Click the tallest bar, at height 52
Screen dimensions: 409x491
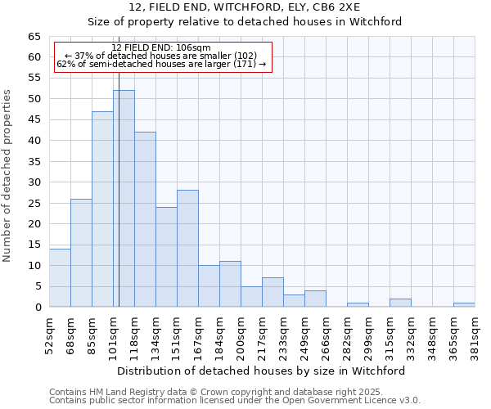tap(124, 199)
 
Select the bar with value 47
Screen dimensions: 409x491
tap(102, 209)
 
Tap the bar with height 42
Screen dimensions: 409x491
tap(145, 219)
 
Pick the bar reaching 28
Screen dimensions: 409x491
tap(187, 249)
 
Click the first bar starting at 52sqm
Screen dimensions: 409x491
tap(60, 277)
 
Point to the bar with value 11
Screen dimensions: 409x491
tap(230, 284)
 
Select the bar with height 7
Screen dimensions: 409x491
tap(273, 292)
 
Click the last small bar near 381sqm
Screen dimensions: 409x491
tap(464, 305)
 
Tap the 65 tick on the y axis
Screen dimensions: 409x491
tap(34, 37)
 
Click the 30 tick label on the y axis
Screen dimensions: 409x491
tap(34, 182)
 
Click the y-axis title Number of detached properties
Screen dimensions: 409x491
tap(8, 176)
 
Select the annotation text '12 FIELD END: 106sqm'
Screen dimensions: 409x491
tap(161, 47)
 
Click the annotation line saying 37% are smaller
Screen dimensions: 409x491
tap(161, 55)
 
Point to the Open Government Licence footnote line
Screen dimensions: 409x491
tap(235, 401)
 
